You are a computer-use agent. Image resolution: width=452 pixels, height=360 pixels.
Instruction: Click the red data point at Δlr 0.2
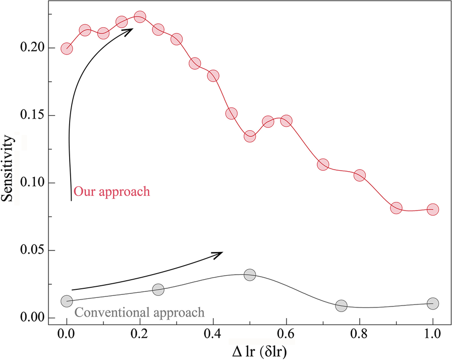tap(140, 17)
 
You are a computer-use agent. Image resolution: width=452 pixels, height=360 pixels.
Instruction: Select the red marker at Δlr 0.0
tap(67, 49)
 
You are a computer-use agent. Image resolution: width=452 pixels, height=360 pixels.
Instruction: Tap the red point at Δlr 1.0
tap(432, 209)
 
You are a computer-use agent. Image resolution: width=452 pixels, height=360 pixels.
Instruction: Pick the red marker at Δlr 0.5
tap(250, 136)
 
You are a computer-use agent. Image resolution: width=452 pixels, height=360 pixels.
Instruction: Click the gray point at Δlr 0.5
tap(250, 275)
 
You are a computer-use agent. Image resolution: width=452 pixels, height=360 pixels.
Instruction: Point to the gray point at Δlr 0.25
tap(158, 289)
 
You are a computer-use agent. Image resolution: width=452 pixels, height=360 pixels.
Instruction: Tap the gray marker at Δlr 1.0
tap(432, 303)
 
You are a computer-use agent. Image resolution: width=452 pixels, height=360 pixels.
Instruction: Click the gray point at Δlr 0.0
tap(67, 301)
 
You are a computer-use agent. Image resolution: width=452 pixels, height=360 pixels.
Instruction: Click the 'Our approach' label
tap(111, 192)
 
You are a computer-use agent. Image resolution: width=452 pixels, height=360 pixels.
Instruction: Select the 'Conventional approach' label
tap(139, 312)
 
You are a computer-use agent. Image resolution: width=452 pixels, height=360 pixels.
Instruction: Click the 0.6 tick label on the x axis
tap(287, 334)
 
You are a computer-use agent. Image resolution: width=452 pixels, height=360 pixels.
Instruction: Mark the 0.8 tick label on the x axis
tap(360, 334)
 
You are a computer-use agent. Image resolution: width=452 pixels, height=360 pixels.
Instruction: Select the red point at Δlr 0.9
tap(396, 208)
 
